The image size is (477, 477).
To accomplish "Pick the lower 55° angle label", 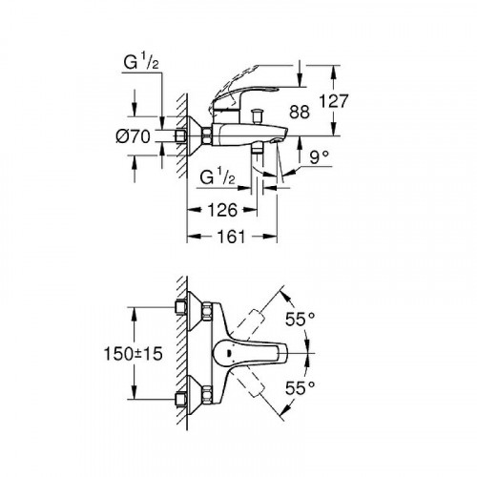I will tap(301, 389).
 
